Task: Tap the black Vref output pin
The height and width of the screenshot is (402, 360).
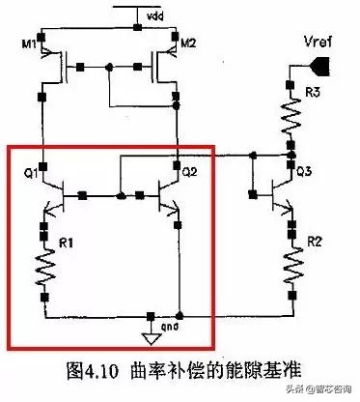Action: click(324, 65)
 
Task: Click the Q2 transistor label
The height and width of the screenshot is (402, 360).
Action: click(190, 173)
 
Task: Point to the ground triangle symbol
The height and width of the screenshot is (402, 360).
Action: click(152, 337)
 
